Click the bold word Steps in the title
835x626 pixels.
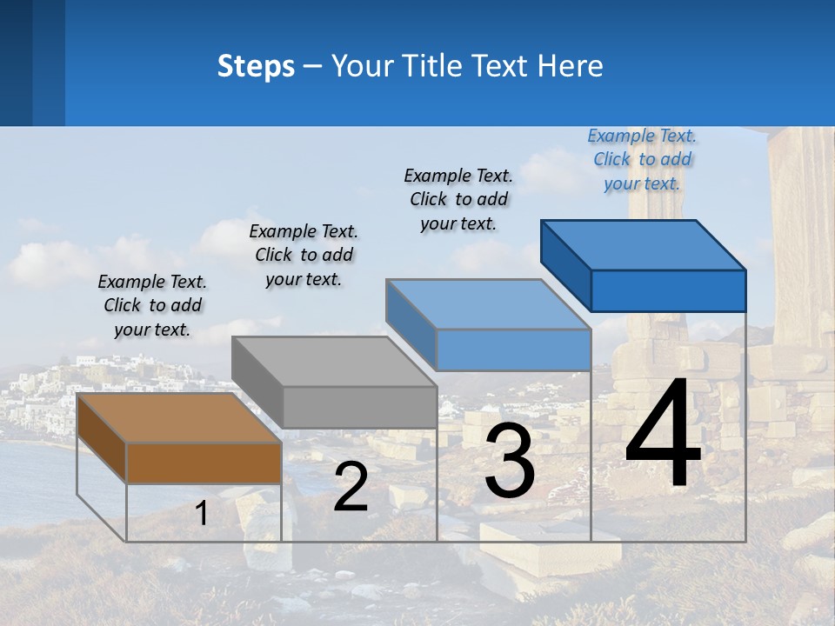tap(256, 66)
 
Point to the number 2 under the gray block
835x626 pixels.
tap(351, 487)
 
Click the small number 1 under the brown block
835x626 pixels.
tap(202, 513)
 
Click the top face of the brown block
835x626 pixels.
tap(179, 418)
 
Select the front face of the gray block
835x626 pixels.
tap(359, 407)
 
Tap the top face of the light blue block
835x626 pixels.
tap(487, 304)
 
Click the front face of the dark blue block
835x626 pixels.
tap(668, 290)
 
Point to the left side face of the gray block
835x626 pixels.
tap(257, 383)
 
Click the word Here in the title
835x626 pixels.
tap(570, 66)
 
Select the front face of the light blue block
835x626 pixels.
tap(513, 350)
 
